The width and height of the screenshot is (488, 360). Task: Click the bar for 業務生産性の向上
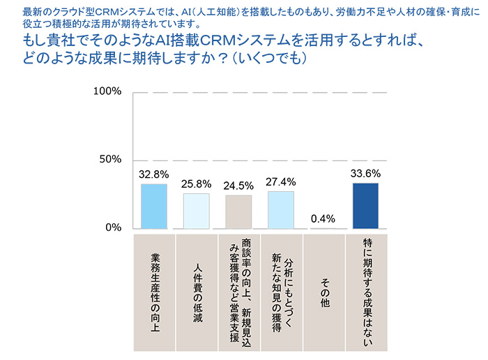point(154,206)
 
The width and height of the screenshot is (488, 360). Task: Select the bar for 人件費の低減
point(197,211)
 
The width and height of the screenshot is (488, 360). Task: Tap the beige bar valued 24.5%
point(238,211)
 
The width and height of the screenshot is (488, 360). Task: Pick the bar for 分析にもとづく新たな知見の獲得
point(281,209)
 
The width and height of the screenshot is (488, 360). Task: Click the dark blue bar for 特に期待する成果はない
point(365,205)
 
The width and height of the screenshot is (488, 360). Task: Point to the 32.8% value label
point(153,174)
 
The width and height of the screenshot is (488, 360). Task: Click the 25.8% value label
point(196,184)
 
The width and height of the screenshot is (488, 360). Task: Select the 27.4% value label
point(281,181)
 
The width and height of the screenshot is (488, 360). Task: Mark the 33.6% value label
point(366,174)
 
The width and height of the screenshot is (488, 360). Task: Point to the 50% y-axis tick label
point(109,159)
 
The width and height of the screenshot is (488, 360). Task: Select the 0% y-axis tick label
point(112,227)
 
